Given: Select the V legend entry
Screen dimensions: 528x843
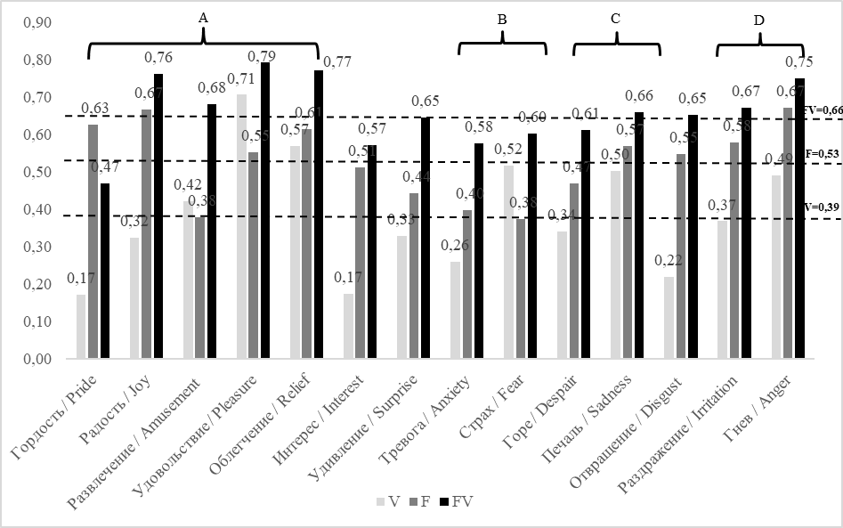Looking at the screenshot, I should click(388, 501).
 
